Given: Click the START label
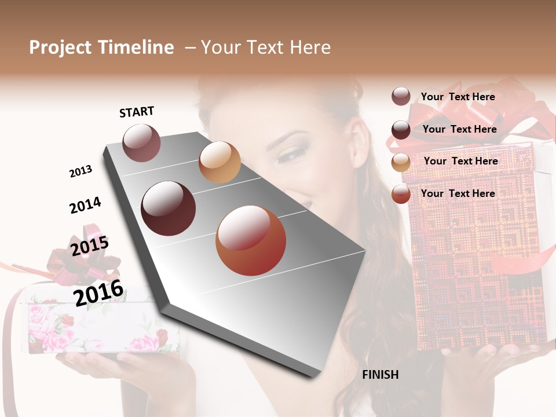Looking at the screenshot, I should coord(137,112).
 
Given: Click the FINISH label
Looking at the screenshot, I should coord(380,375).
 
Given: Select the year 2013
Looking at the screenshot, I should coord(81,171).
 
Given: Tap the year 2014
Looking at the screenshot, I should coord(85,205).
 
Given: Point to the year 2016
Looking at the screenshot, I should coord(98,292).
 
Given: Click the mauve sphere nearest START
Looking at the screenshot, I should coord(141,143).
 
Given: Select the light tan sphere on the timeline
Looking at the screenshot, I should coord(220,162).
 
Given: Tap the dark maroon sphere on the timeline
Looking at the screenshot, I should coord(169,209).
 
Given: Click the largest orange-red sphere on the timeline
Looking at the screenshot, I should coord(251,240).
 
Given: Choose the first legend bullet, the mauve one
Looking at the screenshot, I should coord(401,97).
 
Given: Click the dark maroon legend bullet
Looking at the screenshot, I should coord(401,130).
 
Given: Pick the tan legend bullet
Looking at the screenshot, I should coord(401,162).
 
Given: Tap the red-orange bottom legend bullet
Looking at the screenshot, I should coord(401,194).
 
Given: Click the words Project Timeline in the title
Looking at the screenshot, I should coord(101,47).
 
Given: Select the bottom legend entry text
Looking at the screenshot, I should coord(458,193).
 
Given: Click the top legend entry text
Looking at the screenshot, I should coord(458,97).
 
